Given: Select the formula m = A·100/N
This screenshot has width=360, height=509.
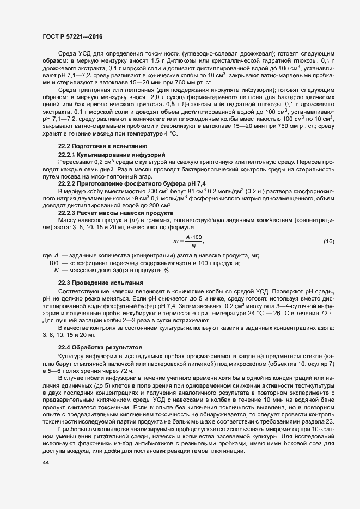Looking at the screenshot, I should coord(188,241).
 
